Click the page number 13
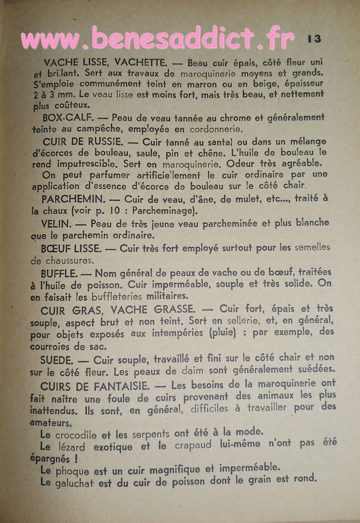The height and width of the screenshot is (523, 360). tap(314, 38)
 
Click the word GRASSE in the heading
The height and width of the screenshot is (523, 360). tap(171, 310)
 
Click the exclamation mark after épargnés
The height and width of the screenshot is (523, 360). tap(76, 459)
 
